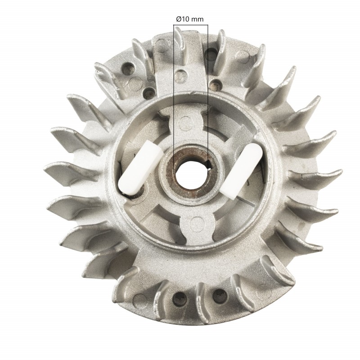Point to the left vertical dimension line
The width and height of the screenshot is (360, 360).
[x=174, y=90]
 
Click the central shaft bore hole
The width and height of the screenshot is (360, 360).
[x=189, y=173]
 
